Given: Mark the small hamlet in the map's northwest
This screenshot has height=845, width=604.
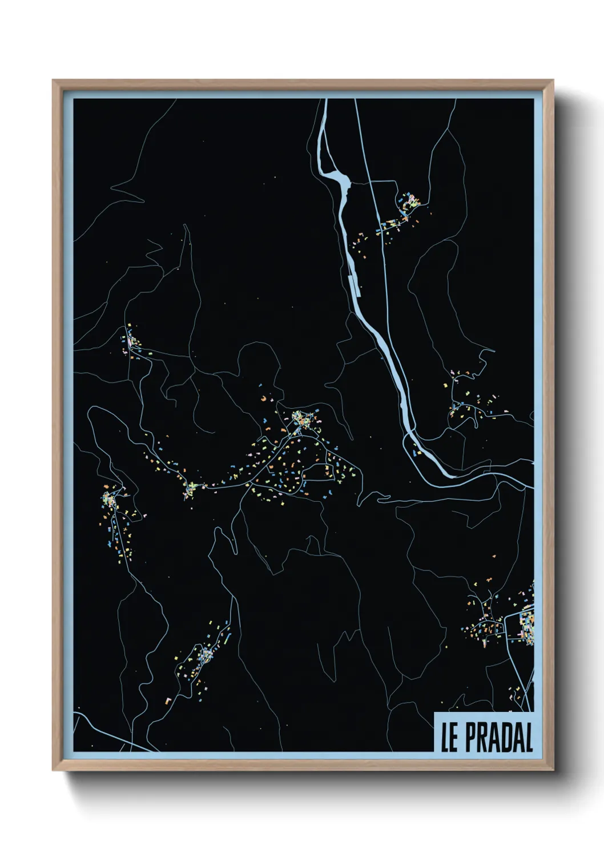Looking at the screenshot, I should click(131, 341).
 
